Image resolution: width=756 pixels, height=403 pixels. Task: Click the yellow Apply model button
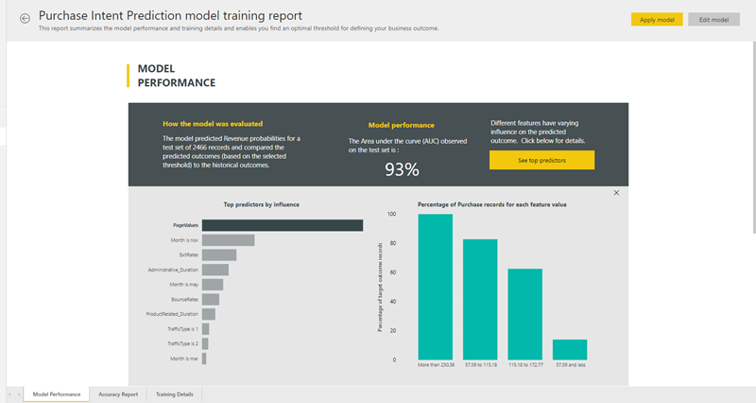656,19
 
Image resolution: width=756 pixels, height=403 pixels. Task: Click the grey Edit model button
713,19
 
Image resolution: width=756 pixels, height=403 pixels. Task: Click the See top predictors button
541,160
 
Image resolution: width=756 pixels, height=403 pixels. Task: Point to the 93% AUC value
402,169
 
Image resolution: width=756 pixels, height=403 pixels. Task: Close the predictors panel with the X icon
616,193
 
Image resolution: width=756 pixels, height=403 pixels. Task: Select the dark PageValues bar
282,225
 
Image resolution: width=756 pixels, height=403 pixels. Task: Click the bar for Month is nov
220,240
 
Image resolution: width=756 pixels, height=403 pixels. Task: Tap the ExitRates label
188,254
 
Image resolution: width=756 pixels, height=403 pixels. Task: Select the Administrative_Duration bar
215,270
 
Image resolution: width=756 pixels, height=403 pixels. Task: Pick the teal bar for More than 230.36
435,287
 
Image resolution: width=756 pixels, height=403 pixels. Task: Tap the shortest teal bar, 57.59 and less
570,349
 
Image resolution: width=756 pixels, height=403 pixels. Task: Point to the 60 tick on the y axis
393,272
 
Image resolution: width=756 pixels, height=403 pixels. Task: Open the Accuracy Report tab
118,394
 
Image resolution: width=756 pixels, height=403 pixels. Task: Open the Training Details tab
175,394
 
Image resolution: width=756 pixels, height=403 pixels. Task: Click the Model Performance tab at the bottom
57,394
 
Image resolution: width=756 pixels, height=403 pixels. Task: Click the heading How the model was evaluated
213,123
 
